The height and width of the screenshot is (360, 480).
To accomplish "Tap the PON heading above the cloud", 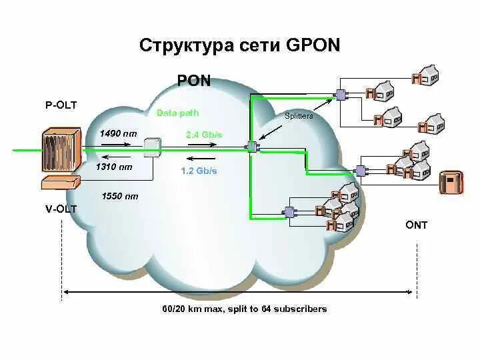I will tap(194, 81).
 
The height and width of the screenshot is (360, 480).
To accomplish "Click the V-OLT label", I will tap(61, 209).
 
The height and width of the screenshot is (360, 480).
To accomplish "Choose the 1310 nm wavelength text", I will tap(114, 167).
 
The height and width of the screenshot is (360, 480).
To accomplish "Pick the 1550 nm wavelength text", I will tap(120, 196).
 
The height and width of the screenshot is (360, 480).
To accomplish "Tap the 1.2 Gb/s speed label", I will tap(199, 171).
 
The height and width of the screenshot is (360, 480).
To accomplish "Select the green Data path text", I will tap(177, 113).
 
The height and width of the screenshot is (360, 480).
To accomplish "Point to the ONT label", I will tap(416, 225).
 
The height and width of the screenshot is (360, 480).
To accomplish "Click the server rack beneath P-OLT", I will tap(61, 151).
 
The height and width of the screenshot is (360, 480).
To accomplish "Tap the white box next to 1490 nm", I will tap(153, 149).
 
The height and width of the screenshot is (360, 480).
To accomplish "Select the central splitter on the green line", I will tap(252, 147).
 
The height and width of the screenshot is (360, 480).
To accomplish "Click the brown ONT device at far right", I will tap(451, 182).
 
